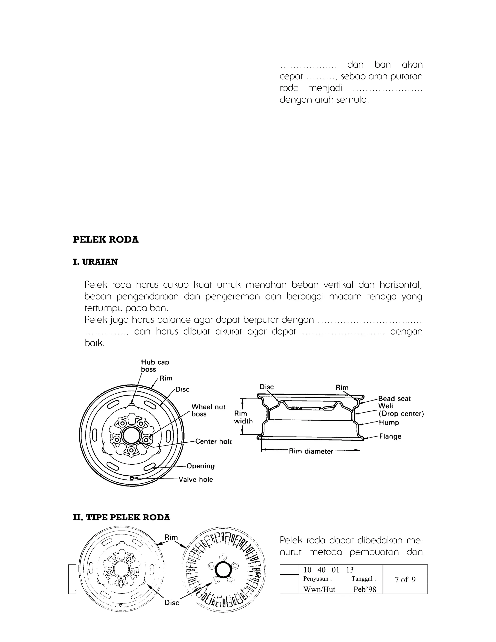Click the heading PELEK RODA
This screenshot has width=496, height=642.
(106, 240)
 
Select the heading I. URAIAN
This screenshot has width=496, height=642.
(95, 262)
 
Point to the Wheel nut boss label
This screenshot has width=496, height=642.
(208, 410)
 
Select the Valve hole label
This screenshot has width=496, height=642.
(196, 479)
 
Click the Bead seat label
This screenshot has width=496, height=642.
(394, 399)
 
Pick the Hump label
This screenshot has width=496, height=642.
(389, 423)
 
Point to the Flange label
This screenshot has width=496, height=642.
(390, 436)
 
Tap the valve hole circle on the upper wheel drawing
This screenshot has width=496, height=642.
(132, 478)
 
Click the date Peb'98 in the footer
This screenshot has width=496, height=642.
(365, 589)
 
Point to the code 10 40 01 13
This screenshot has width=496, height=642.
(328, 570)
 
